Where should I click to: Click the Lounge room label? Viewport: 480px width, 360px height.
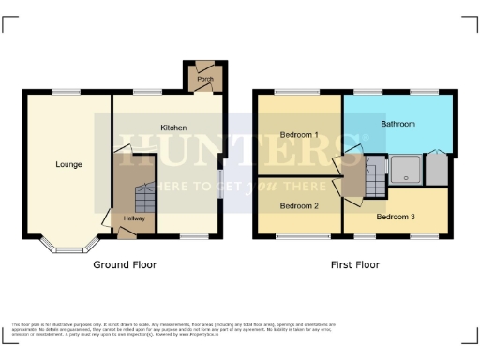pyautogui.click(x=68, y=164)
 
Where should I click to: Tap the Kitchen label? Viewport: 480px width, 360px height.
pyautogui.click(x=173, y=127)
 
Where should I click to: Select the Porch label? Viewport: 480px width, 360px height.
pyautogui.click(x=204, y=80)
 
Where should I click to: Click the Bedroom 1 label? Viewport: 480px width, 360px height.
pyautogui.click(x=299, y=135)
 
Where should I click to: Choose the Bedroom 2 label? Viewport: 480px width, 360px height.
pyautogui.click(x=299, y=205)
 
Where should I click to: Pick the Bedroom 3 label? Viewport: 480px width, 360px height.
pyautogui.click(x=396, y=217)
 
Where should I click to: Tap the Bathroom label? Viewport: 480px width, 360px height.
pyautogui.click(x=397, y=124)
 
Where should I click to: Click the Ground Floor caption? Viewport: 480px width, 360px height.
pyautogui.click(x=125, y=265)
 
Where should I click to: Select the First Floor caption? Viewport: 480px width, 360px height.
pyautogui.click(x=355, y=265)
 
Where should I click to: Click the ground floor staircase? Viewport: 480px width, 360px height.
pyautogui.click(x=145, y=198)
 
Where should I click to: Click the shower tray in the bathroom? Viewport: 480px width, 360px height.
pyautogui.click(x=407, y=169)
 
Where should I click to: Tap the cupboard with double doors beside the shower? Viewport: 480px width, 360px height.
pyautogui.click(x=438, y=169)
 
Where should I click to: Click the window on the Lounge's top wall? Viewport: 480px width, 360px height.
pyautogui.click(x=66, y=91)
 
